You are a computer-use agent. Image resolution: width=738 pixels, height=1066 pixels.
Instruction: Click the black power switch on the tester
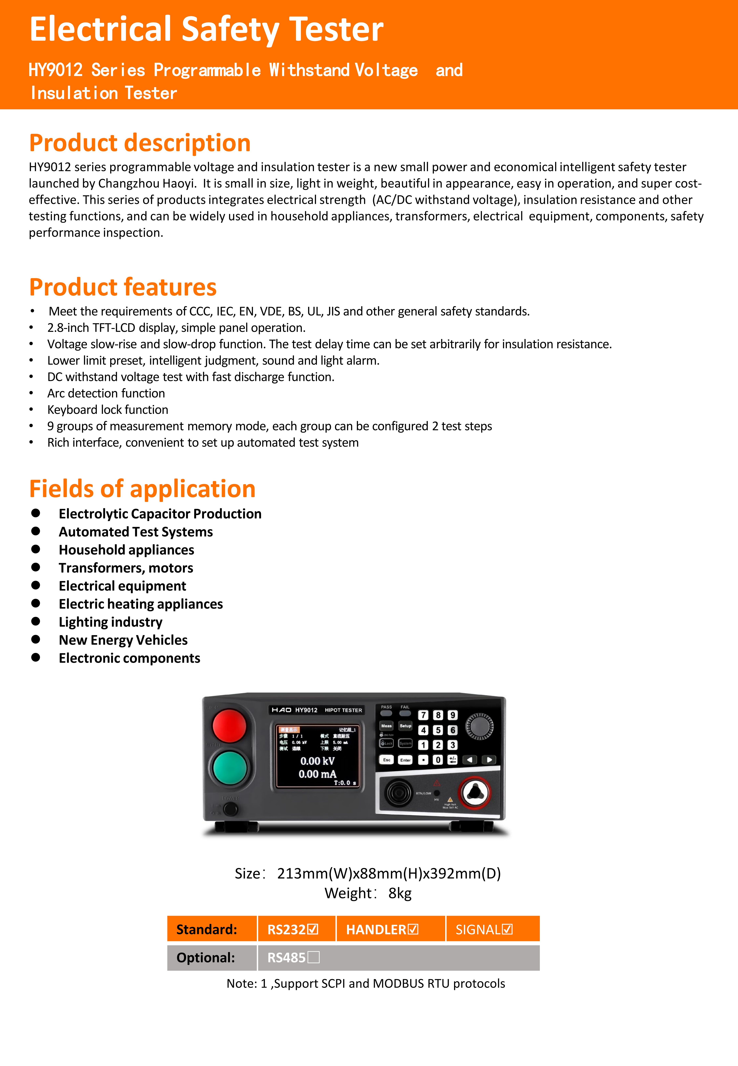[230, 809]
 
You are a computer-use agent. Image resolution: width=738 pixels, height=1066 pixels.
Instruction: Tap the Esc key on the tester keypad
[387, 760]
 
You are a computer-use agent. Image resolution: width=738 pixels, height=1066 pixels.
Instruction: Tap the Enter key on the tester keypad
[405, 760]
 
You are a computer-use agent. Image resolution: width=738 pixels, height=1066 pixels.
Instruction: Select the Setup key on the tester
[405, 726]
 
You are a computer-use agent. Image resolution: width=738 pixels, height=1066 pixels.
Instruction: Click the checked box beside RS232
[313, 929]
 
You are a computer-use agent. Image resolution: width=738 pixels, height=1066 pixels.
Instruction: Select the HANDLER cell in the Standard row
[382, 929]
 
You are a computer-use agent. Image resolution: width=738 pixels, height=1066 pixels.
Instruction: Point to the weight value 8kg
[400, 893]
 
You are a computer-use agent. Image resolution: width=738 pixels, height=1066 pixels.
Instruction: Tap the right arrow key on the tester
[489, 760]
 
